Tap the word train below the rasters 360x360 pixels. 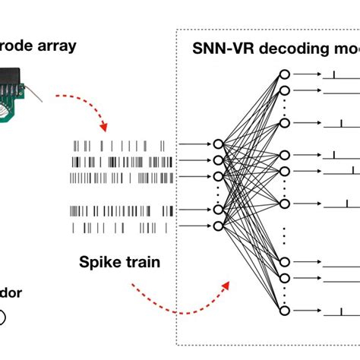[x=142, y=263]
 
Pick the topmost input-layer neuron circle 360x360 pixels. [x=218, y=144]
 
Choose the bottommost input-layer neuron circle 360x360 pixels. [x=218, y=226]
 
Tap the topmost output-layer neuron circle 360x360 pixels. [x=284, y=74]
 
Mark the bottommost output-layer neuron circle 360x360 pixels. [x=284, y=311]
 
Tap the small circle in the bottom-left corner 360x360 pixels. [x=2, y=317]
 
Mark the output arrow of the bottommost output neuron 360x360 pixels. [x=308, y=311]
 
